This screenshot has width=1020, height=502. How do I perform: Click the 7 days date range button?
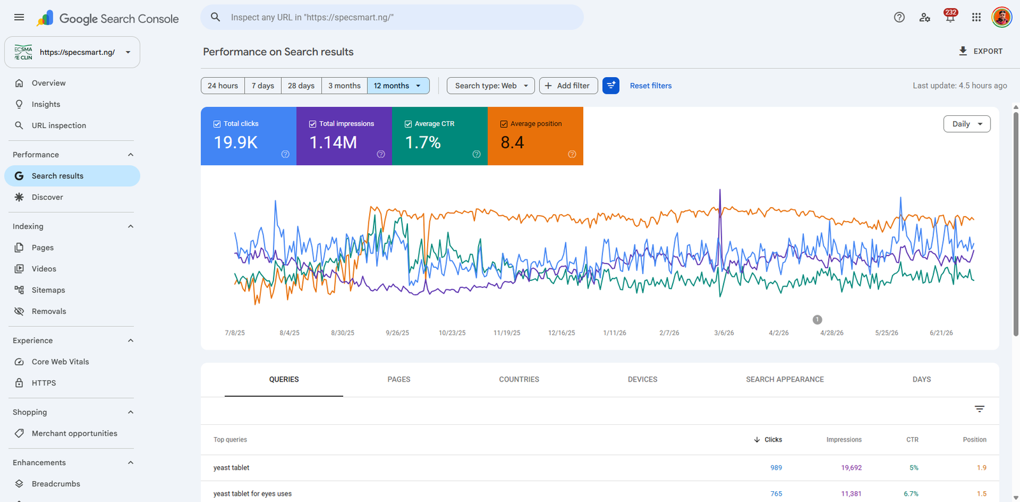click(x=263, y=85)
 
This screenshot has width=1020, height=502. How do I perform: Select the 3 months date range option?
click(x=344, y=85)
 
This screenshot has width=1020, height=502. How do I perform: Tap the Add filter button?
click(x=568, y=85)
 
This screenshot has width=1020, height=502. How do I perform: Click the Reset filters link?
click(x=650, y=85)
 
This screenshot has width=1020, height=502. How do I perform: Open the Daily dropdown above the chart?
click(x=966, y=124)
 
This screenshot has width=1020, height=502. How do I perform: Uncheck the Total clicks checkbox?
click(x=217, y=124)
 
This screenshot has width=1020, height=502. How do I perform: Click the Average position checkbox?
click(x=504, y=124)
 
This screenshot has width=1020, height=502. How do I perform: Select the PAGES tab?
click(x=399, y=379)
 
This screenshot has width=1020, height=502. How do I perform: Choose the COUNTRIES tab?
click(x=519, y=379)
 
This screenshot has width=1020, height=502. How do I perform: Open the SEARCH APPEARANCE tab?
click(x=785, y=379)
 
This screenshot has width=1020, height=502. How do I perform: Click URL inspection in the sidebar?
click(x=59, y=125)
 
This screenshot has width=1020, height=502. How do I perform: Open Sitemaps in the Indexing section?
click(x=48, y=290)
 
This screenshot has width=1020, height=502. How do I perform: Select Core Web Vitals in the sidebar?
click(x=60, y=361)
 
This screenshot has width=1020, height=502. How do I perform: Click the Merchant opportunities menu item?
click(x=74, y=433)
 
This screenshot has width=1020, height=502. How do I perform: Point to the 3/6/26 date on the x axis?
click(x=724, y=333)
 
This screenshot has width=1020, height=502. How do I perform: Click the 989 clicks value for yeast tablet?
click(x=776, y=468)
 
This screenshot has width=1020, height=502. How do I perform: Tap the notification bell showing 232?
click(x=950, y=17)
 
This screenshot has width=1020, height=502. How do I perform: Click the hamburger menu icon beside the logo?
click(x=19, y=17)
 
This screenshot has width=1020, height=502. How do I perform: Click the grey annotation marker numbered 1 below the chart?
click(x=817, y=320)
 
